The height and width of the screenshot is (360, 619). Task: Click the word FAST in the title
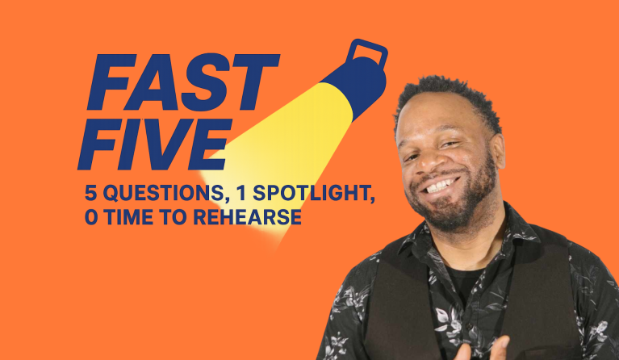click(x=183, y=82)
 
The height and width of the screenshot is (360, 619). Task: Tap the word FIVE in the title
click(x=155, y=144)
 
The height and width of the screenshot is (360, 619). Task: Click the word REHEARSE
click(x=248, y=217)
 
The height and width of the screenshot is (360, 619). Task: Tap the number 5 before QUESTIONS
click(x=91, y=193)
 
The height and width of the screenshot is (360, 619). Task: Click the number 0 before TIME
click(x=91, y=217)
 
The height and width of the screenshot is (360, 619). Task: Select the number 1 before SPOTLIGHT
click(x=241, y=193)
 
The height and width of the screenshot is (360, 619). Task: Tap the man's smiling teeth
click(x=441, y=186)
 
